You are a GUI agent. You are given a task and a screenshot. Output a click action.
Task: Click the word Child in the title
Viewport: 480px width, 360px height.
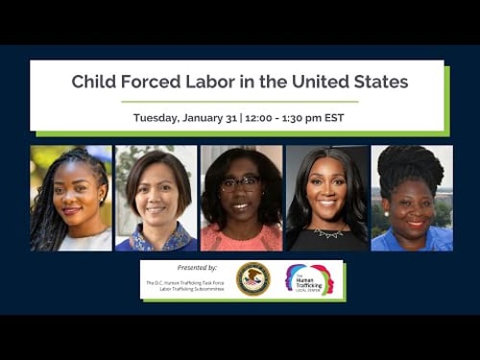click(x=93, y=82)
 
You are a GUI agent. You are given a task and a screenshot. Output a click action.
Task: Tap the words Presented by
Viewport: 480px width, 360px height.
click(x=198, y=267)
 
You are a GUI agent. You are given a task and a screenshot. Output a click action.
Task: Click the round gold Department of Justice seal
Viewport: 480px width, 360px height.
click(x=253, y=278)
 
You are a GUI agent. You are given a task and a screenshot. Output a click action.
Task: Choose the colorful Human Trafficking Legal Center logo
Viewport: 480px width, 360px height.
click(x=309, y=278)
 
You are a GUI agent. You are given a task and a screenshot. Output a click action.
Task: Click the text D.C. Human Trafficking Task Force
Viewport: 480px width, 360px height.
click(x=185, y=282)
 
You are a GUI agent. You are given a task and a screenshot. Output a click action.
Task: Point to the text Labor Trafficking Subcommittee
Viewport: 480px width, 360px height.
click(x=185, y=289)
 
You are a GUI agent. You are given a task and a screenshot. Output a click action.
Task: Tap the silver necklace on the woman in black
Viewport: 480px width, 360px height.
click(x=326, y=232)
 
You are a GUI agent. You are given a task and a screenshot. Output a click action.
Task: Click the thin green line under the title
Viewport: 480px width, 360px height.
click(x=239, y=101)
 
